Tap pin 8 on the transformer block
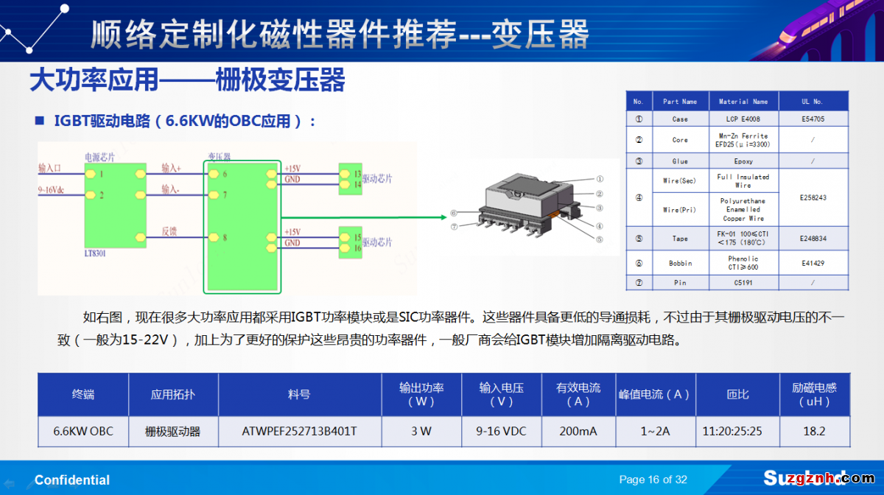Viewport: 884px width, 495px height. point(225,238)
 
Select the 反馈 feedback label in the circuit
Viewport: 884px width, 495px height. point(169,231)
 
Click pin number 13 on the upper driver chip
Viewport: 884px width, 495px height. point(357,175)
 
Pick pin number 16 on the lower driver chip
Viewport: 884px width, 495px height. point(357,248)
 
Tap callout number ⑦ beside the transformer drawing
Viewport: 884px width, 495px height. point(454,227)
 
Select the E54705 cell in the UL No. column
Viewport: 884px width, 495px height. point(813,119)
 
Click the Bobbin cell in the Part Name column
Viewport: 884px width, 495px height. point(680,263)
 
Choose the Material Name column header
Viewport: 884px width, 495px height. point(743,102)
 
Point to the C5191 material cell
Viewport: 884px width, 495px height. point(743,282)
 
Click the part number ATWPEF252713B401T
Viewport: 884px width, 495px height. point(299,431)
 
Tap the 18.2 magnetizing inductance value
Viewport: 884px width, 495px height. point(814,431)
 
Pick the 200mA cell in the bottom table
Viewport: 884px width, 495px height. point(578,431)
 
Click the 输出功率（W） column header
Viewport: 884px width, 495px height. point(421,394)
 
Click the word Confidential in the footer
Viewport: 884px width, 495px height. point(72,480)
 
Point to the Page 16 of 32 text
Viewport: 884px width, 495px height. point(653,480)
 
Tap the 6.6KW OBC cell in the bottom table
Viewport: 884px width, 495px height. point(83,431)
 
